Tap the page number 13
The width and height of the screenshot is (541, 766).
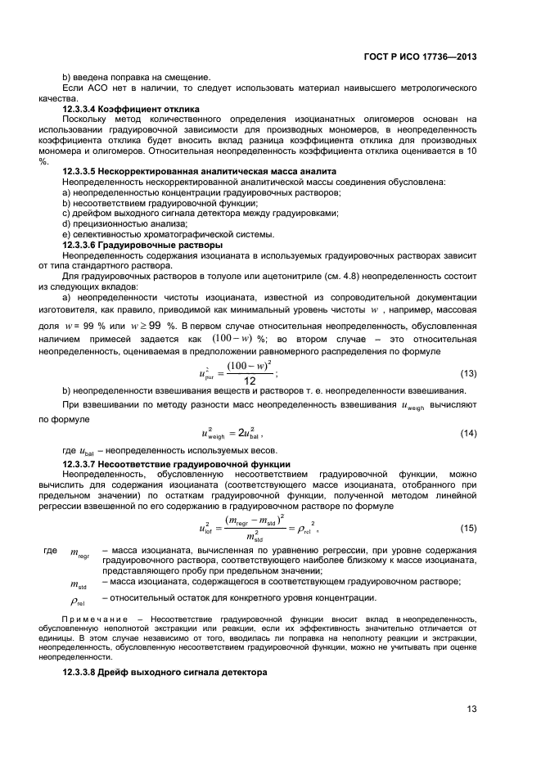coord(471,710)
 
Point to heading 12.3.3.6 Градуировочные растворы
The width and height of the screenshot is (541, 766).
coord(142,245)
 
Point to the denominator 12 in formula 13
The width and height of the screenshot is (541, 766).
coord(250,381)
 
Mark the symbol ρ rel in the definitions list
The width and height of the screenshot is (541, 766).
coord(79,599)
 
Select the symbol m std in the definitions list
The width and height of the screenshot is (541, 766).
coord(79,584)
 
